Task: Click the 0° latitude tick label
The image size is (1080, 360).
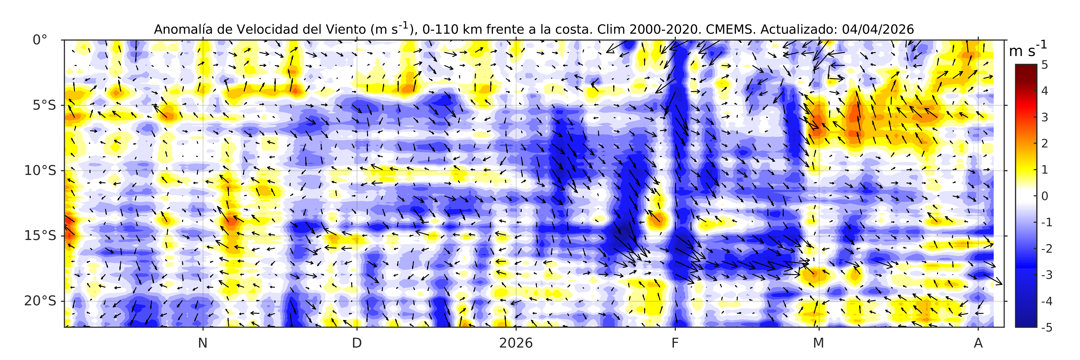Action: (40, 40)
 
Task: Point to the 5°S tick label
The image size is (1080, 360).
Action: (44, 105)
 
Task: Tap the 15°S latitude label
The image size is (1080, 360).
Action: (40, 236)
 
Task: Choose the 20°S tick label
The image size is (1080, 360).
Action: (40, 301)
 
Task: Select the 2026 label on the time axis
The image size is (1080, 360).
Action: (516, 343)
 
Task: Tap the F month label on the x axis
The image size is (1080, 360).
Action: (675, 343)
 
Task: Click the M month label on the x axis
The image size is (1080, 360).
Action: (818, 343)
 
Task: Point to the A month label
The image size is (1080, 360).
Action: (978, 343)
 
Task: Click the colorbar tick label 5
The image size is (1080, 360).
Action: (1044, 65)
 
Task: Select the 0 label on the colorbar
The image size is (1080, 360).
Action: (1044, 196)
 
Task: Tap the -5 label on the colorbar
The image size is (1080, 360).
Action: (1047, 327)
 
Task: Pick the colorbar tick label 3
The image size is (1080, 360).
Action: (1044, 117)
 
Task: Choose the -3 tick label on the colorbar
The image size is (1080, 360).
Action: (1047, 275)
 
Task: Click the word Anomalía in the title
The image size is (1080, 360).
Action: (181, 29)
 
